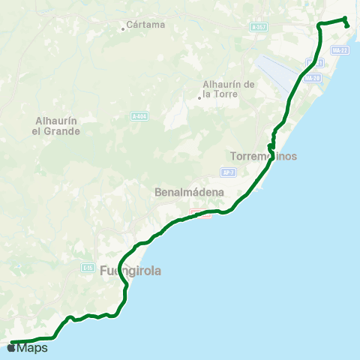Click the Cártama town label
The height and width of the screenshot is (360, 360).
pos(145,24)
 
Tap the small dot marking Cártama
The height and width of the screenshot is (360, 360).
pos(123,29)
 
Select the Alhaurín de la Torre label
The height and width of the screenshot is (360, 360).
pos(230,88)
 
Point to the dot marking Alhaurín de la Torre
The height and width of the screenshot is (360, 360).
pos(199,97)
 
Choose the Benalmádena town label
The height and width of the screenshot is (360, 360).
pos(189,192)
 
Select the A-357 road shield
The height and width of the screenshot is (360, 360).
pos(259,27)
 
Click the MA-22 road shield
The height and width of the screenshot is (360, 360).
pos(340,50)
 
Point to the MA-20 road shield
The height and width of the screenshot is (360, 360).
pos(315,78)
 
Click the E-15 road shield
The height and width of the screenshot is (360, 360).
pos(88,267)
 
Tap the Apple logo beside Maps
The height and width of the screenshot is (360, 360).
pos(12,348)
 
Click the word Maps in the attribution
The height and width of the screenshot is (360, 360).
pos(33,348)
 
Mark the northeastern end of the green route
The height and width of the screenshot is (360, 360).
pos(348,26)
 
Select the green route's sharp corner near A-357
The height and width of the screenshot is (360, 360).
pos(319,25)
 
